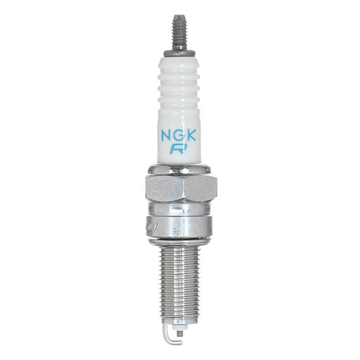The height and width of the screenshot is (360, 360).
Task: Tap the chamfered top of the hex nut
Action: (x=179, y=171)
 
